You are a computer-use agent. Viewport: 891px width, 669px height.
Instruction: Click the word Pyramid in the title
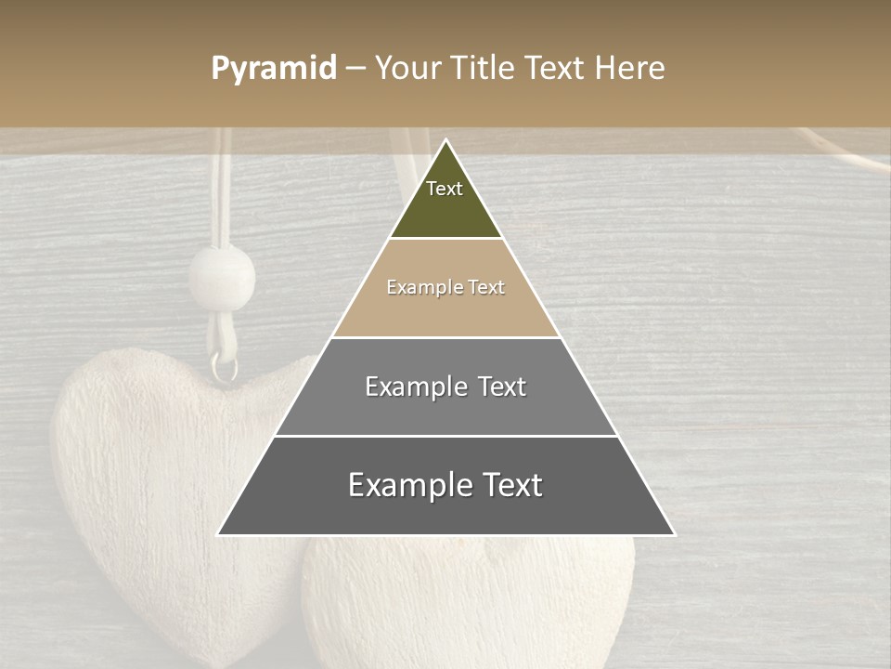coord(273,69)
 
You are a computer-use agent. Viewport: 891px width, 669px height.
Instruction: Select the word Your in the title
coord(407,69)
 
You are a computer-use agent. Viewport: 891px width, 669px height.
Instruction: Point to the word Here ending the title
coord(630,69)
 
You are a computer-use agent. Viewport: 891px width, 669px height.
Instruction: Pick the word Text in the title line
coord(555,69)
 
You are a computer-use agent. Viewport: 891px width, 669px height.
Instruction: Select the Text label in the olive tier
coord(445,189)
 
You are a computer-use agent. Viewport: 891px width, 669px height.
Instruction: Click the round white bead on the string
coord(222,277)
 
